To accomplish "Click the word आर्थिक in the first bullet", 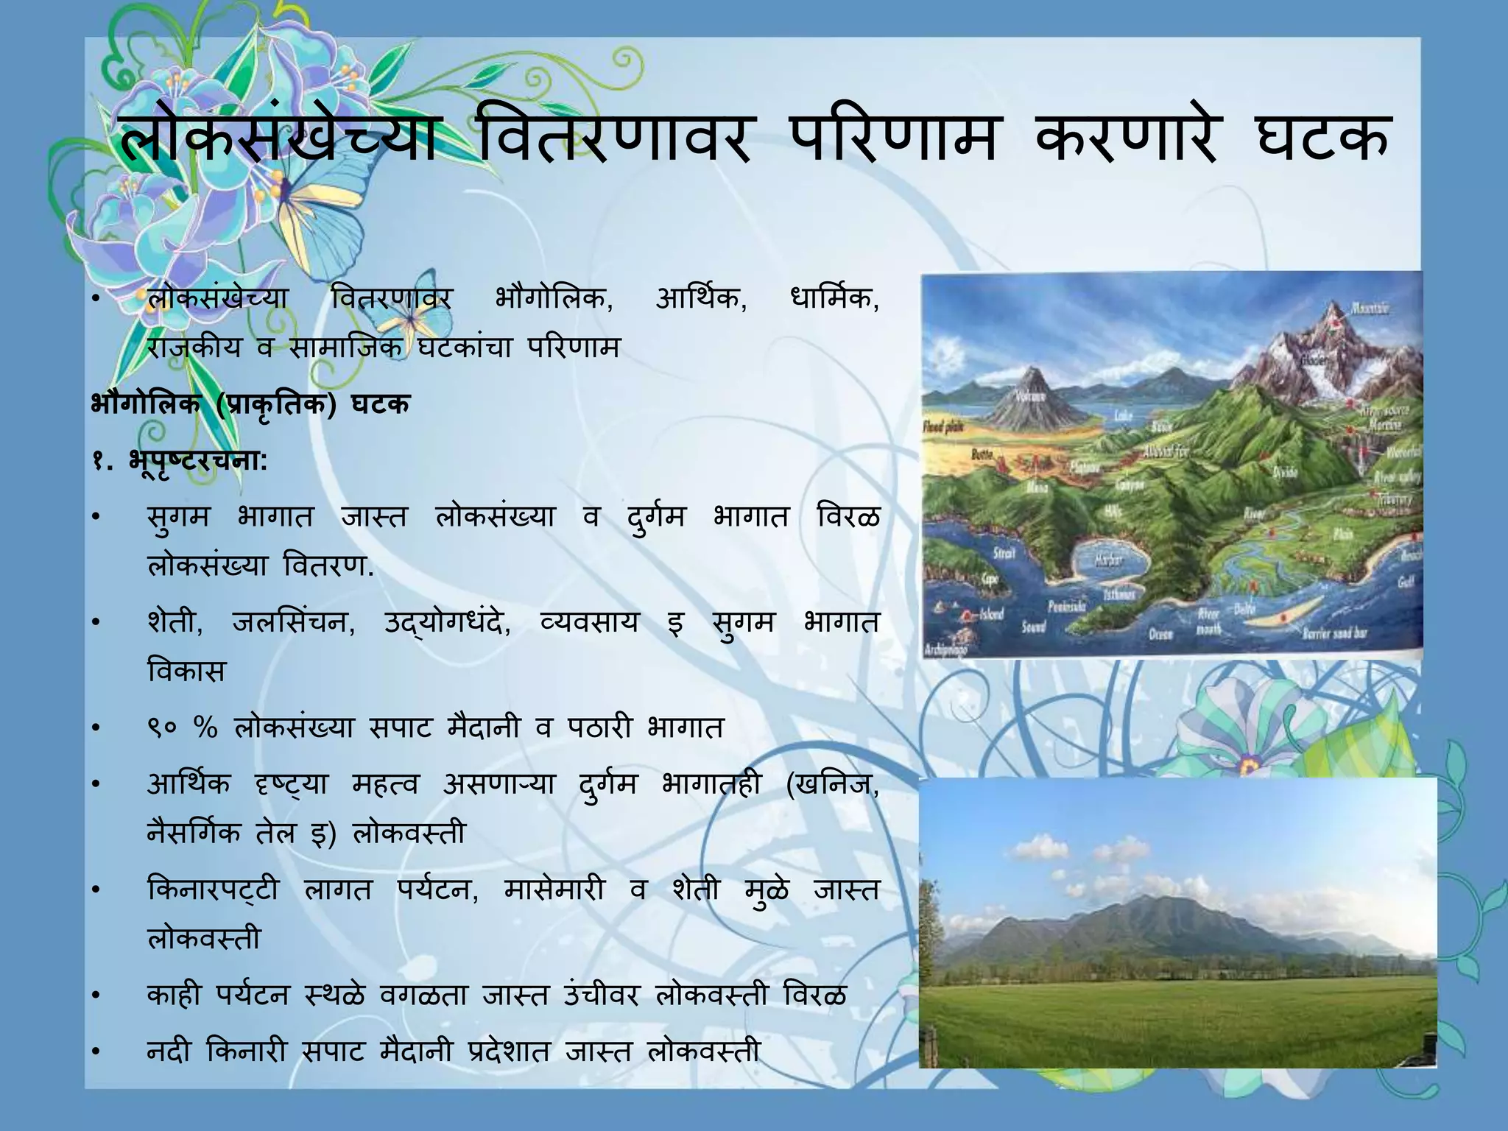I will click(700, 300).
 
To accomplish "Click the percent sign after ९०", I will click(206, 728).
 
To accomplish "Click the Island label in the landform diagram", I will click(991, 614).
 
